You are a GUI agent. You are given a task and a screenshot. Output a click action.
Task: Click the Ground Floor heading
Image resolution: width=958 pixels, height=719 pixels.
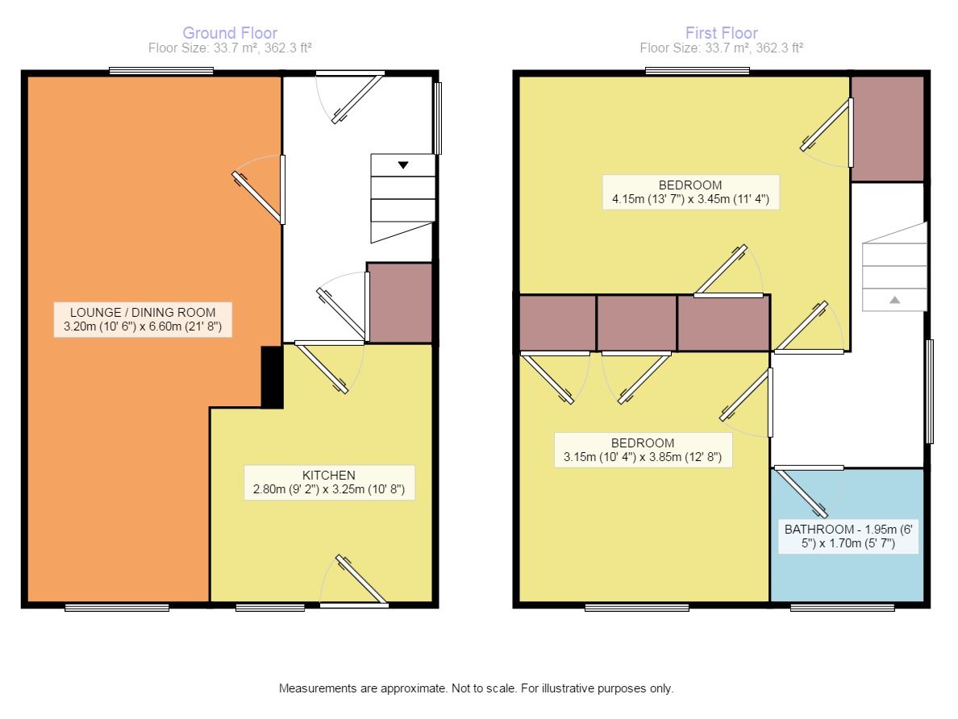click(230, 33)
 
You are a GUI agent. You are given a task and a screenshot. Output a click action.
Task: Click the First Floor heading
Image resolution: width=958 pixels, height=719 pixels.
click(722, 33)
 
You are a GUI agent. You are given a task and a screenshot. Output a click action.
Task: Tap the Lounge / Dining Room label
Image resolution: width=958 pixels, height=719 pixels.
click(143, 319)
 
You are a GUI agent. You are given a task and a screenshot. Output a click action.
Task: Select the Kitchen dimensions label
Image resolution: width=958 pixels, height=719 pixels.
click(329, 483)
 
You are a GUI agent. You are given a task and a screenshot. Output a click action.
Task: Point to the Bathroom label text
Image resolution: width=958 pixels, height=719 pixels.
click(848, 536)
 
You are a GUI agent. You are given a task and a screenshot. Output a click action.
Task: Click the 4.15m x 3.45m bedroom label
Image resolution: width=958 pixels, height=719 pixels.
click(690, 193)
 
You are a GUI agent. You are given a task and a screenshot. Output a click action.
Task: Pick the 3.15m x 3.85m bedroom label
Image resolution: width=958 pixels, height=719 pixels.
click(643, 451)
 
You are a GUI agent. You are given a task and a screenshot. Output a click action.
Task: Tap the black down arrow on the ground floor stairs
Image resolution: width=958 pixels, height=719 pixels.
click(402, 165)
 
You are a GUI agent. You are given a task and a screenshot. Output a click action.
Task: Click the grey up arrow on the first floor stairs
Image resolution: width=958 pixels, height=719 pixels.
click(894, 300)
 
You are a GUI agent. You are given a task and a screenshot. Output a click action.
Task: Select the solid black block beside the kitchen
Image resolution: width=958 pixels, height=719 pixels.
click(272, 377)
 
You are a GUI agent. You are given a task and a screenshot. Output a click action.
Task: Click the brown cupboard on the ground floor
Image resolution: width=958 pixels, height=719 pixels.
click(400, 303)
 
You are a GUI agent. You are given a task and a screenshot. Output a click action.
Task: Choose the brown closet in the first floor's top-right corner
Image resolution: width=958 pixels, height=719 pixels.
click(888, 129)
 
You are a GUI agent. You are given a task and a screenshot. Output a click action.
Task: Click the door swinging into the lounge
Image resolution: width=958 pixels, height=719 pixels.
click(259, 190)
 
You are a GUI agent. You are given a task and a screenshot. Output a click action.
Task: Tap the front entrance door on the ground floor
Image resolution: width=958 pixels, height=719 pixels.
click(350, 98)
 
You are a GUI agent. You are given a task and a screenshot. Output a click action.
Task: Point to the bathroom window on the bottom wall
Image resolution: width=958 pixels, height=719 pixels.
click(843, 607)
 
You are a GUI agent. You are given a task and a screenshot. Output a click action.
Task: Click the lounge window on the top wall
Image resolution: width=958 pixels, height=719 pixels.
click(161, 72)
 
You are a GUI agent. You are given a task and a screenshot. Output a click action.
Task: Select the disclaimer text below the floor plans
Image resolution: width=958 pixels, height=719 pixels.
click(476, 688)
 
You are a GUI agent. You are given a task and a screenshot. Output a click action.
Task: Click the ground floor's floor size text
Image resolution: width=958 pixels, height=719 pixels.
click(230, 48)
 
